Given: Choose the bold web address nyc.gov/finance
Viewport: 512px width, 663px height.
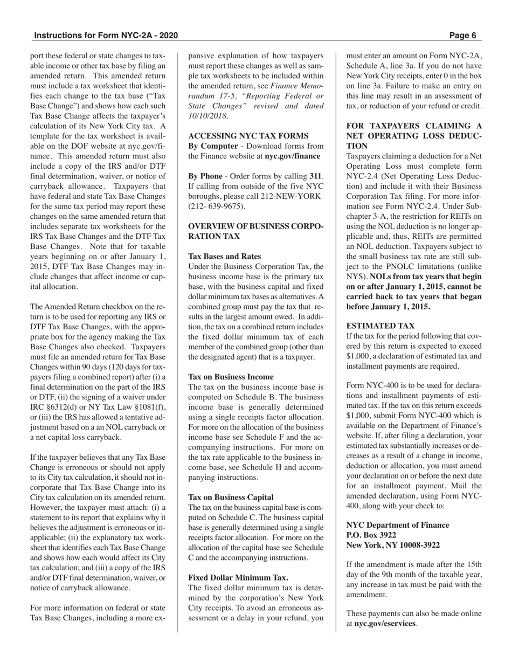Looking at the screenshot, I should (292, 156).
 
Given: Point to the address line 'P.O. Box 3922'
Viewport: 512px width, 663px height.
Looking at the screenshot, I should (371, 535).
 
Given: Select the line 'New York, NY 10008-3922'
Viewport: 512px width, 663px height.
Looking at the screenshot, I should (393, 545).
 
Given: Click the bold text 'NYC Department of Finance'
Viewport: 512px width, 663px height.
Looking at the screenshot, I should (398, 525).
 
